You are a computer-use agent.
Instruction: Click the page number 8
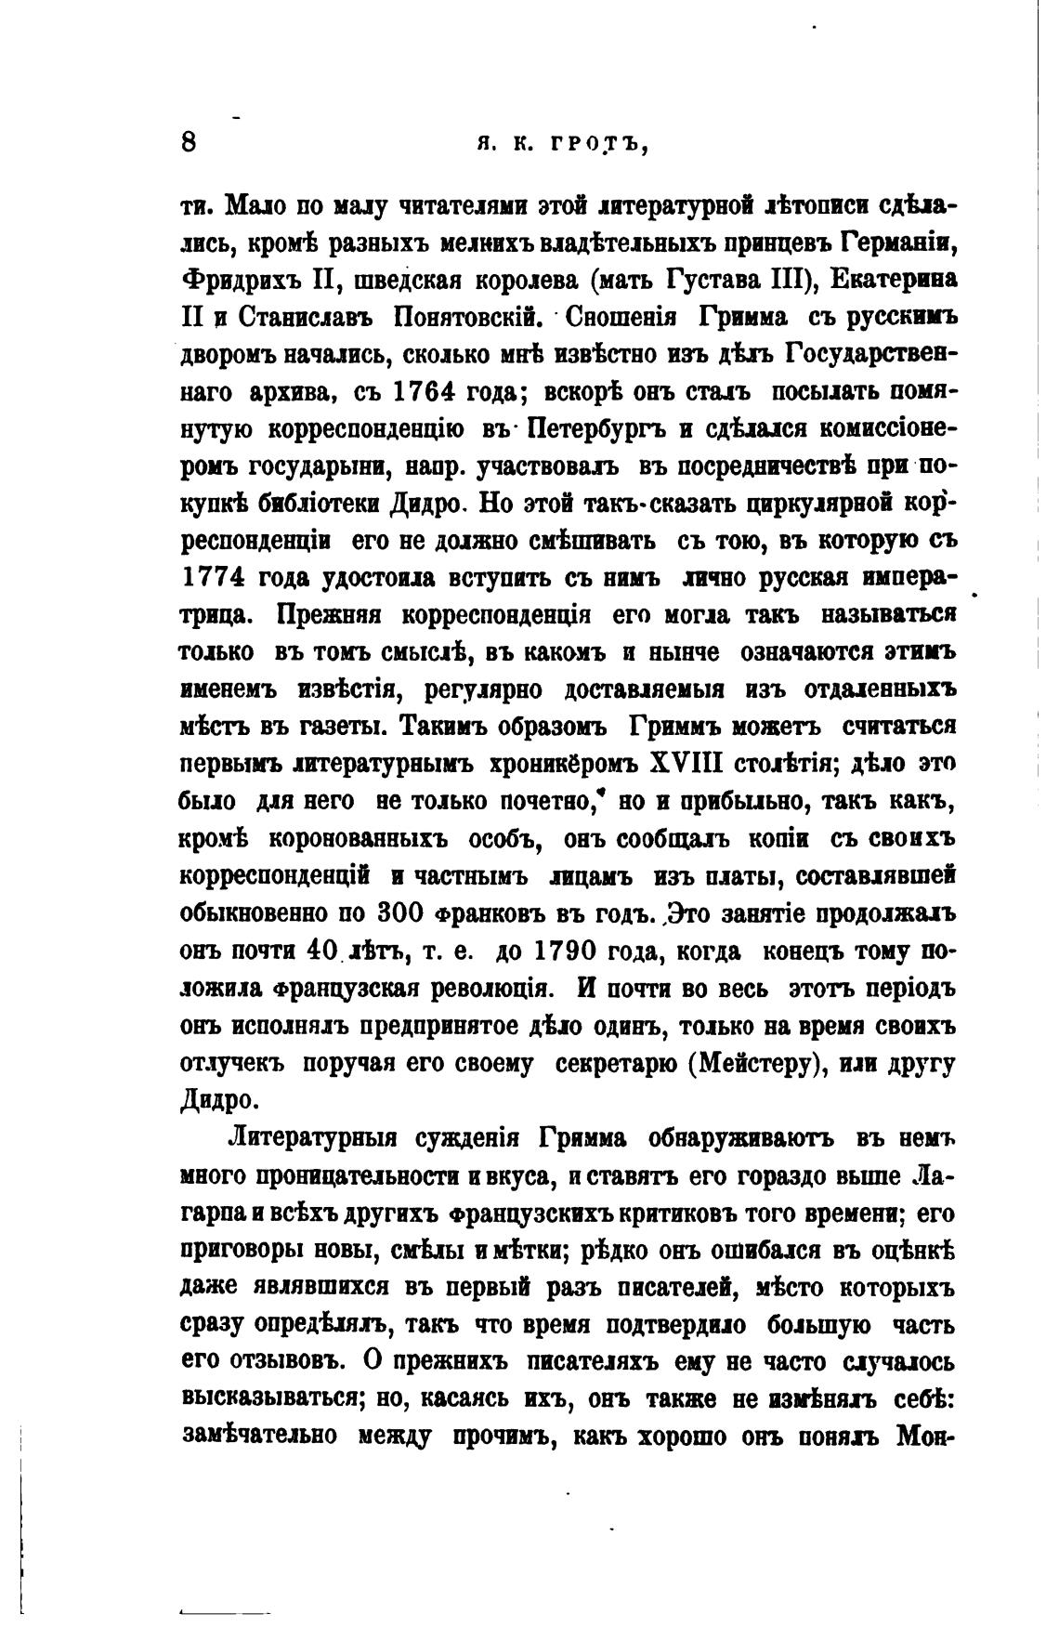[x=189, y=144]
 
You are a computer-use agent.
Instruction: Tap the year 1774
[x=212, y=577]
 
